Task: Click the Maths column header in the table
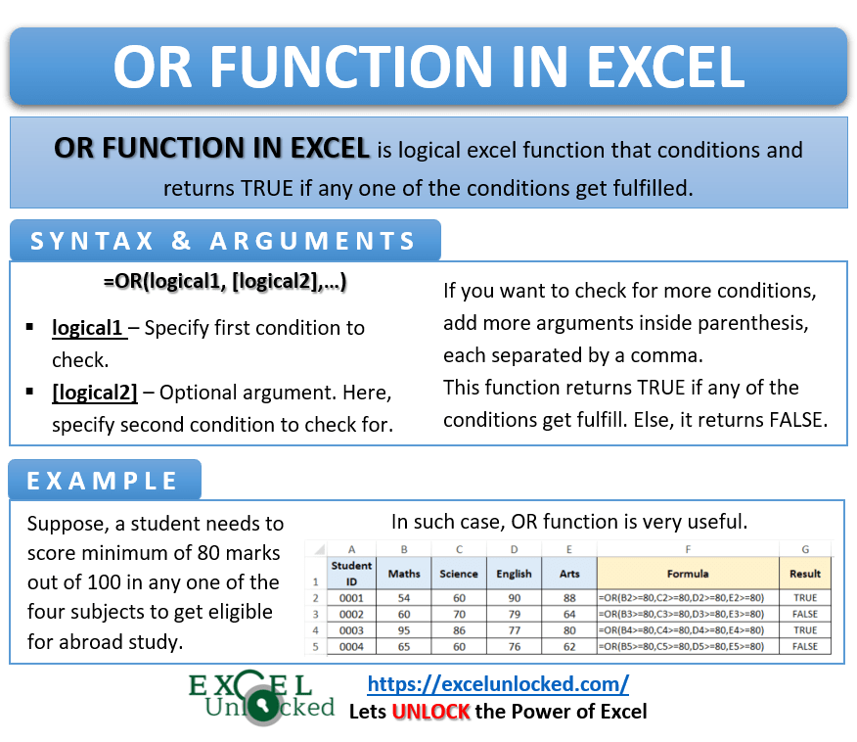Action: point(404,573)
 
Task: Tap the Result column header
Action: point(805,573)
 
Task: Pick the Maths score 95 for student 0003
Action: point(404,630)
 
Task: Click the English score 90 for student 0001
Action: point(514,596)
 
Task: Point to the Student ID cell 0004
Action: point(351,647)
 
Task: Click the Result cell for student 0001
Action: point(805,596)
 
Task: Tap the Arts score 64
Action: point(568,614)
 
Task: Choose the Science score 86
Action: point(459,630)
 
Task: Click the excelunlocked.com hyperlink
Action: point(498,683)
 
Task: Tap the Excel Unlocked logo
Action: point(262,697)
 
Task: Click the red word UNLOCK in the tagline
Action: point(431,712)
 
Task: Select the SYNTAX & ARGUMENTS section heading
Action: point(224,241)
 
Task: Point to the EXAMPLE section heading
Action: point(103,481)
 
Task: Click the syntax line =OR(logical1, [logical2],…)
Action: point(225,282)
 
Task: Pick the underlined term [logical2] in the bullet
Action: point(95,393)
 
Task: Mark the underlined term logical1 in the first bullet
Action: point(88,327)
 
